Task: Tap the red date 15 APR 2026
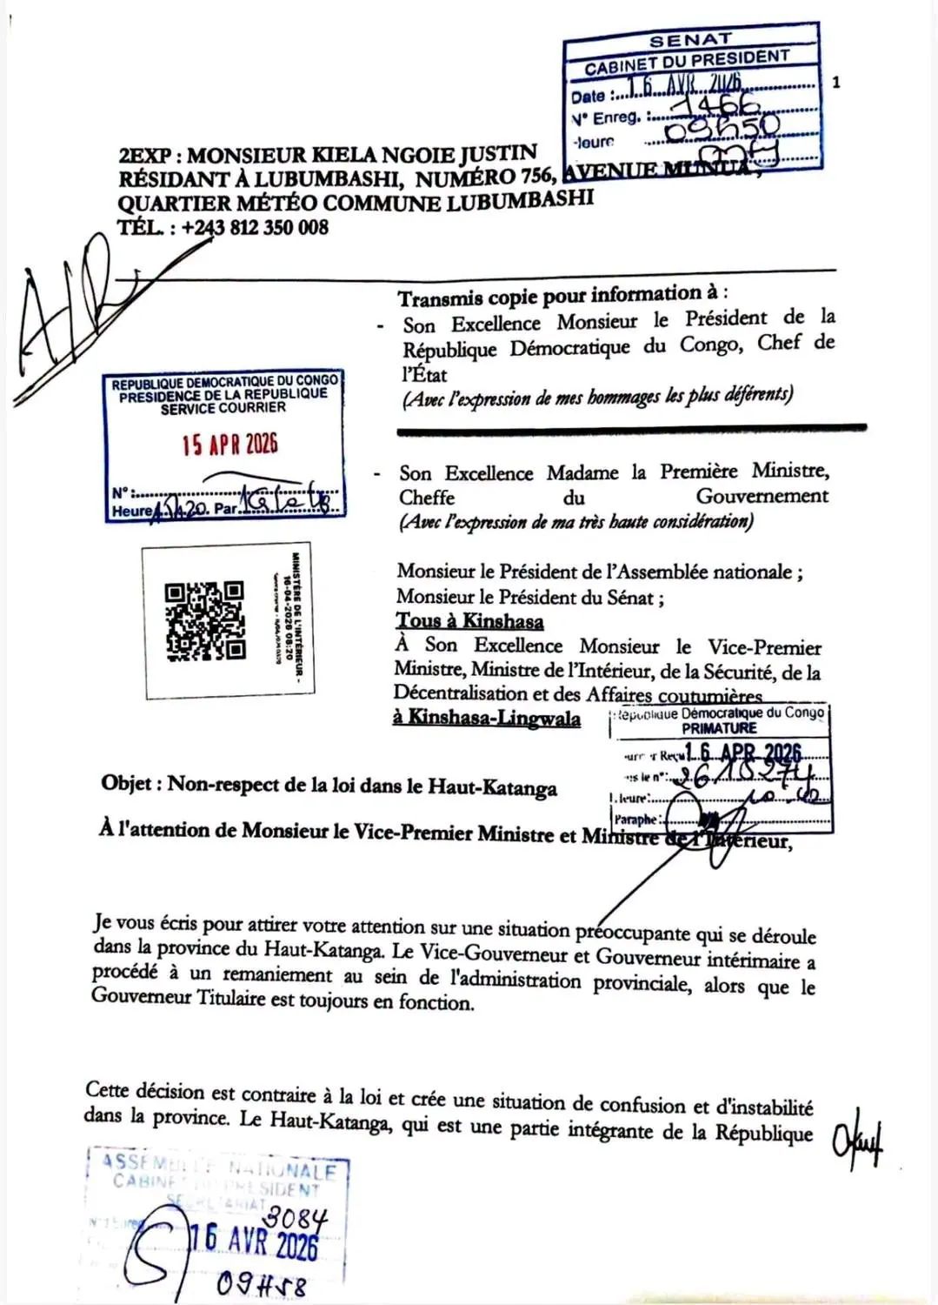[x=230, y=445]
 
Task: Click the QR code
[x=205, y=620]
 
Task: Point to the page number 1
[x=835, y=83]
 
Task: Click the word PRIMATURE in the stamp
[x=719, y=728]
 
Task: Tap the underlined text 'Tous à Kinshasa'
[x=469, y=621]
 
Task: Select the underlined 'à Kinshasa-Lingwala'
[x=487, y=718]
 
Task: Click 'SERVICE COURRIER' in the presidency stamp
[x=223, y=408]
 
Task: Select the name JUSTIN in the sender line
[x=498, y=154]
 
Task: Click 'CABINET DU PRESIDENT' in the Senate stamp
[x=687, y=62]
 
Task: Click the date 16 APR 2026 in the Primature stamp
[x=742, y=753]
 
